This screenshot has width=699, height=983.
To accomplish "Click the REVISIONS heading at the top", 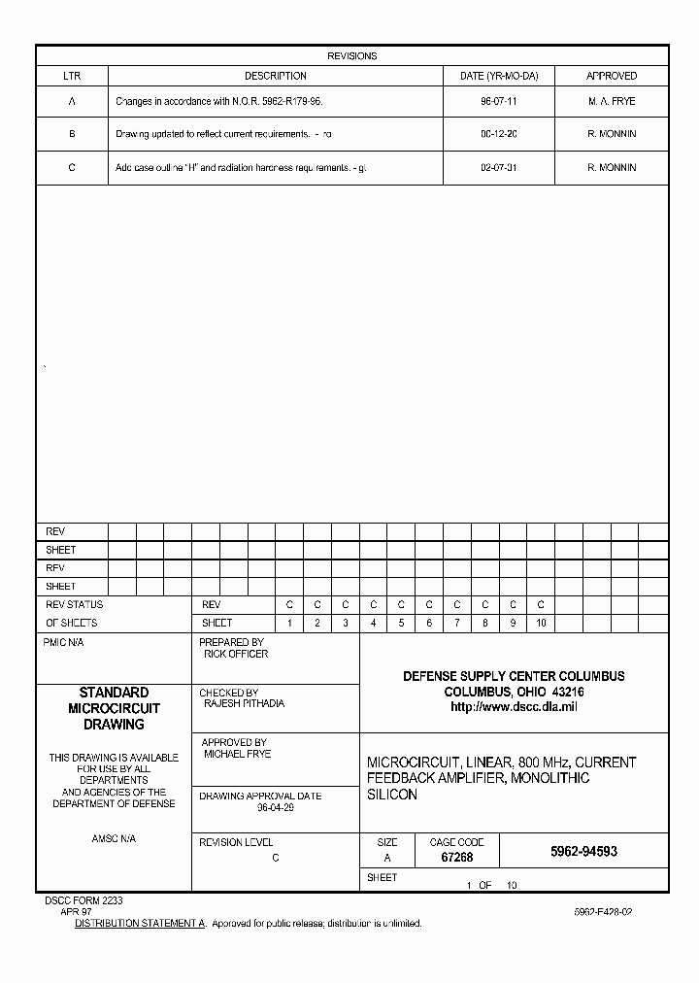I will tap(351, 56).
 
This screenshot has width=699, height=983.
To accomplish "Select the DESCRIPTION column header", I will tap(275, 76).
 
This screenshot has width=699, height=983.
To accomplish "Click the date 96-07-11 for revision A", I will tap(498, 101).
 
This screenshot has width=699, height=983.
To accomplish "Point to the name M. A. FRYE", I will tap(612, 101).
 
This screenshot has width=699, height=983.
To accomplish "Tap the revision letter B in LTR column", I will tap(72, 134).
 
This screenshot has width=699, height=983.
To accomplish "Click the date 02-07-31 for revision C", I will tap(498, 168).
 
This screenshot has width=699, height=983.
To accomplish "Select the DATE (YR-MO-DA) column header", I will tap(498, 76).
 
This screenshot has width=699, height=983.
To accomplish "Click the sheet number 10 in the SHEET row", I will tap(541, 623).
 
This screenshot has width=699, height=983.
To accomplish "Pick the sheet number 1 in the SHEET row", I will tap(289, 623).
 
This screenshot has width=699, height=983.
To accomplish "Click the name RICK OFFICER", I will tap(236, 655).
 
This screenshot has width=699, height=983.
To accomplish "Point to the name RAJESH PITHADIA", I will tap(244, 703).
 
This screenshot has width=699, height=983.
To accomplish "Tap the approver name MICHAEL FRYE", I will tap(237, 754).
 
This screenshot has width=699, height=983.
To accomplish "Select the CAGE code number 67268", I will tap(456, 858).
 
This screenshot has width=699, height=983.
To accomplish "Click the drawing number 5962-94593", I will tap(583, 851).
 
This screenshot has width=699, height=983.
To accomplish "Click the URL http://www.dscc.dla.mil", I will tap(514, 707).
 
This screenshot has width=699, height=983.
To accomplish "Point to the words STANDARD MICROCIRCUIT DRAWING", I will tap(114, 708).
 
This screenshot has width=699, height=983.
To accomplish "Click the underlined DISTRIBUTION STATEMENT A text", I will tap(141, 923).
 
